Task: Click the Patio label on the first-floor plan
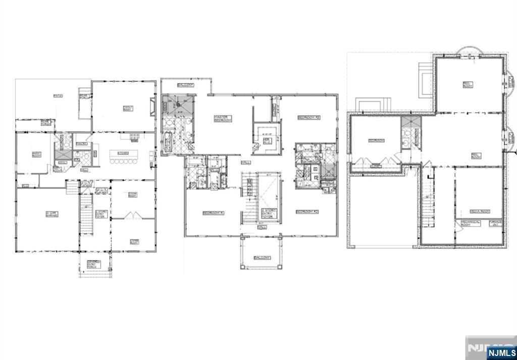(58, 95)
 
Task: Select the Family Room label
(127, 108)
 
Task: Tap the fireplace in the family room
(152, 108)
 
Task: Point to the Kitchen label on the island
(122, 152)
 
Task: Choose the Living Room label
(134, 242)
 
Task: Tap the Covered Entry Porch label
(94, 263)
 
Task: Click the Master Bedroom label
(222, 119)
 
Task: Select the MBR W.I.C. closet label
(267, 139)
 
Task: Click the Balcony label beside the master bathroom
(185, 85)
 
